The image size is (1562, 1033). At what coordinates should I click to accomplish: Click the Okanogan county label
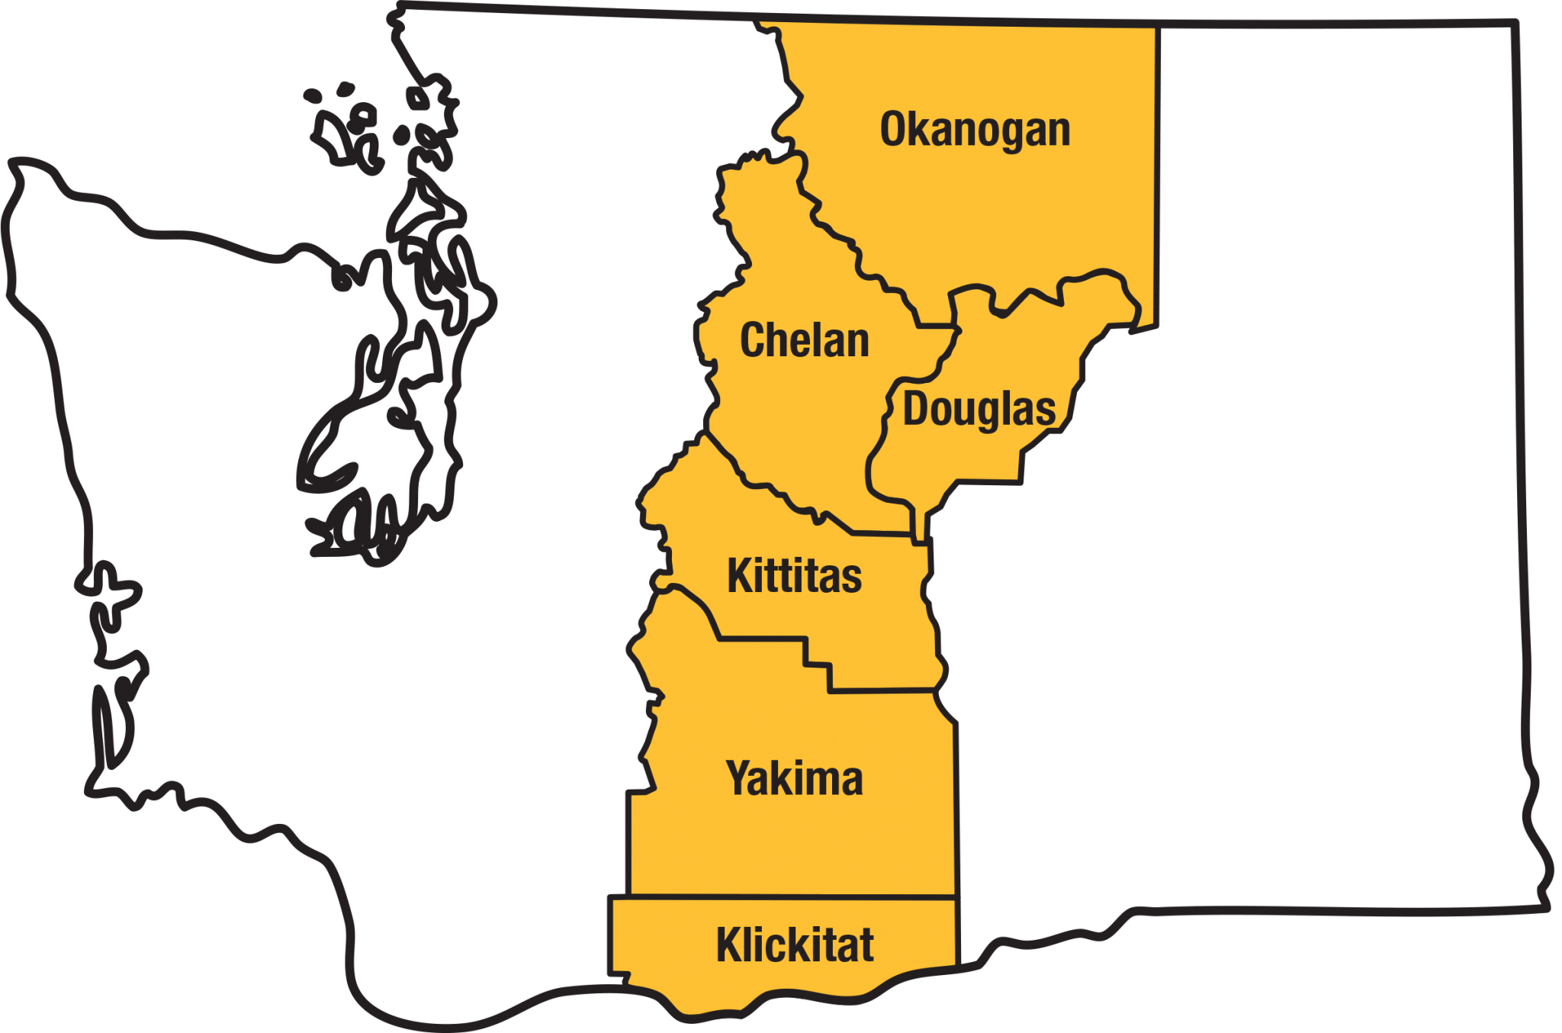coord(975,130)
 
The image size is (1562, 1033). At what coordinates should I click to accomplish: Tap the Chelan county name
coord(804,340)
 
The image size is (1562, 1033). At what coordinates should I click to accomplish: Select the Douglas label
coord(979,410)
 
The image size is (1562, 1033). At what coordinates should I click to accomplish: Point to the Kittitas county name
coord(794,576)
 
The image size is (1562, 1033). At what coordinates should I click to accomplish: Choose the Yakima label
coord(794,779)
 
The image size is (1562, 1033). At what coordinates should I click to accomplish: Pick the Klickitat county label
coord(794,945)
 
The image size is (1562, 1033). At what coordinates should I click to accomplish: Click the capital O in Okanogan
coord(893,130)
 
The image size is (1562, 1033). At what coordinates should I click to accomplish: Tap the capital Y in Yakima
coord(739,779)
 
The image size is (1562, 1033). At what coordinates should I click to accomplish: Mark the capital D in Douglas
coord(915,409)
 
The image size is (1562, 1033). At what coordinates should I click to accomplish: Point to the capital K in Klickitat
coord(729,945)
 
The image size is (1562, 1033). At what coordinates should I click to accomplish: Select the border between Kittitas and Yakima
coord(763,639)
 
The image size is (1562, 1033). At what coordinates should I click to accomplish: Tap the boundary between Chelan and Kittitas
coord(778,492)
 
